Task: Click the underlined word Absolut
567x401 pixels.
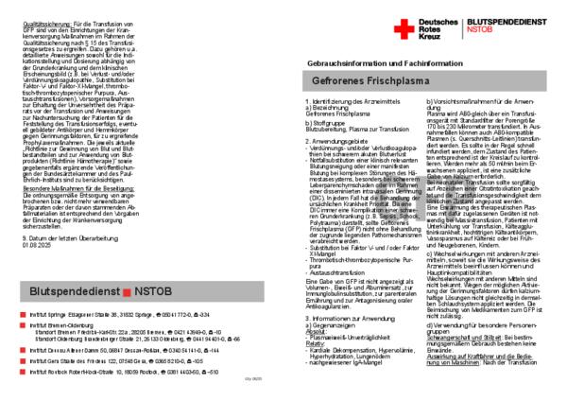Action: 315,331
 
